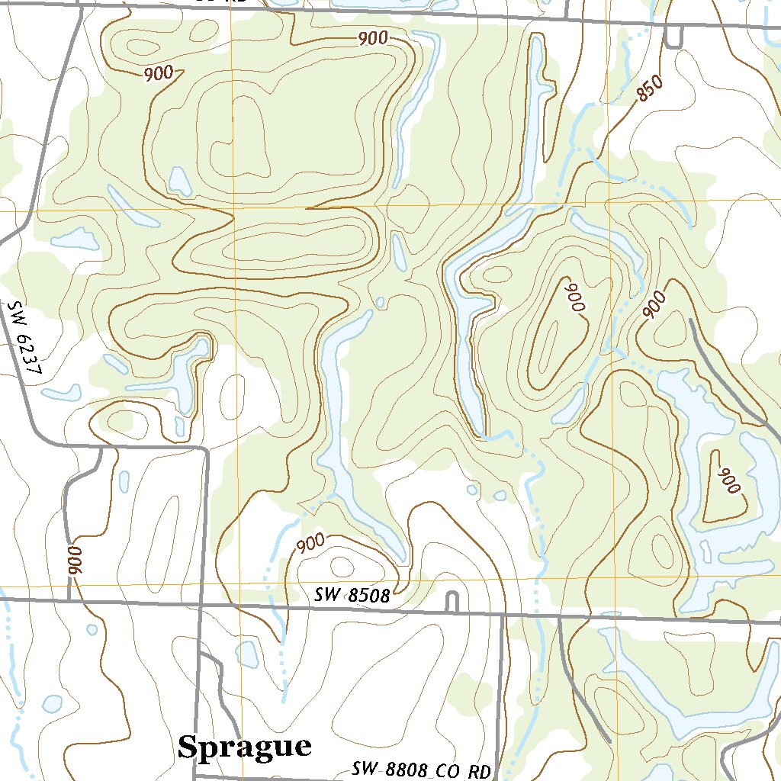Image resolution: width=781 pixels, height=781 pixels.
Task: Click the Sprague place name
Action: click(x=244, y=747)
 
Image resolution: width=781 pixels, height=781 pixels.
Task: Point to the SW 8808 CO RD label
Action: click(x=420, y=770)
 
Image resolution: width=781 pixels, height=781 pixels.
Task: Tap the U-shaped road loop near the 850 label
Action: click(x=673, y=37)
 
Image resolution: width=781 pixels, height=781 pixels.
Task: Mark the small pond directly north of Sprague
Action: click(x=248, y=654)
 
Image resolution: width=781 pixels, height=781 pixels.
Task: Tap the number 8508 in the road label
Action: click(x=368, y=596)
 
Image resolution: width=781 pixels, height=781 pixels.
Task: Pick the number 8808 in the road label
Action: click(x=404, y=770)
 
